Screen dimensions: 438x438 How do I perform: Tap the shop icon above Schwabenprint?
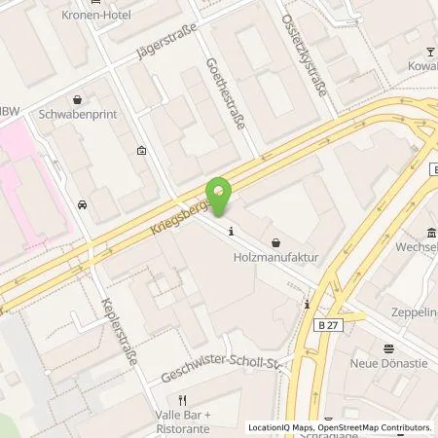(x=77, y=98)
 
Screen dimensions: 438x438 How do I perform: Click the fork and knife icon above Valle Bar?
(x=181, y=400)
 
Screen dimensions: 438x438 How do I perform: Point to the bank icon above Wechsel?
(x=430, y=232)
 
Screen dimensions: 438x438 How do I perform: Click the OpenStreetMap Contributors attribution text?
(x=375, y=427)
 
